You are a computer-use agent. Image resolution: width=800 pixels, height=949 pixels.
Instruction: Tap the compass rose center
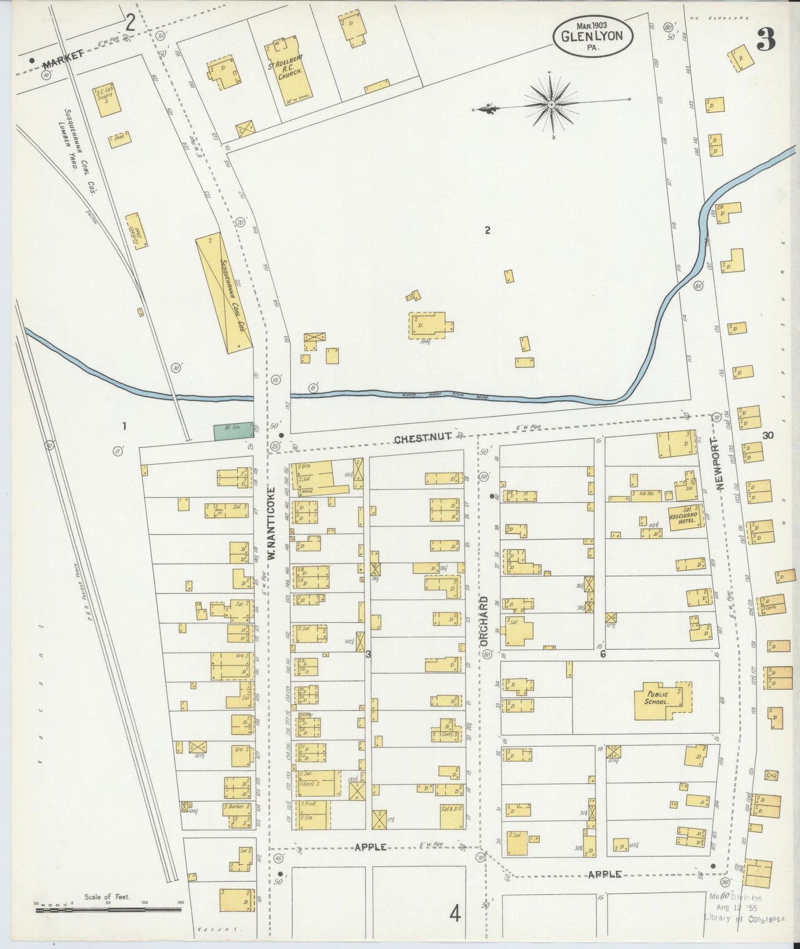click(x=552, y=104)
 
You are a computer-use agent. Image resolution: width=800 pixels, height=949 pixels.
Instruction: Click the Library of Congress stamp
click(x=742, y=909)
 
